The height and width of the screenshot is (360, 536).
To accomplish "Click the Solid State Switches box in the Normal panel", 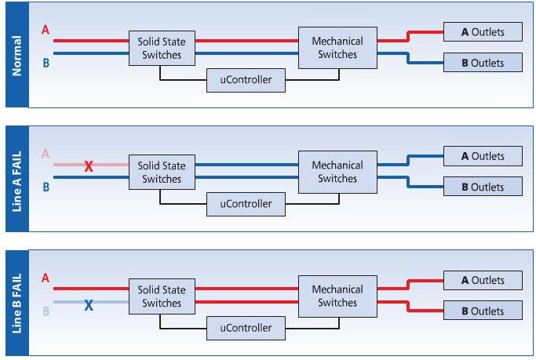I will [162, 48].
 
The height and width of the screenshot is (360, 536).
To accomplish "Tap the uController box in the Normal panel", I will [246, 80].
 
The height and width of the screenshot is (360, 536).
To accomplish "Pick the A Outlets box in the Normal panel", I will [483, 32].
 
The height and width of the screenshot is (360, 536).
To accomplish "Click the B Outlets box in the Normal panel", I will [483, 63].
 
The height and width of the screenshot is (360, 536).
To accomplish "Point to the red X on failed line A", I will [89, 166].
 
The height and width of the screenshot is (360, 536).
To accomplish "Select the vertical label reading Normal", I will [16, 54].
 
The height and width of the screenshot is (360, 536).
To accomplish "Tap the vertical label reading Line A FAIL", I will [16, 178].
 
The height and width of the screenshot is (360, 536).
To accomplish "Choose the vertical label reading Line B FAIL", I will [16, 304].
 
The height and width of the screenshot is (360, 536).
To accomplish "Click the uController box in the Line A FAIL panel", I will [246, 204].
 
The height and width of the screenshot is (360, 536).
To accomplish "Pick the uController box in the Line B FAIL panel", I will [246, 328].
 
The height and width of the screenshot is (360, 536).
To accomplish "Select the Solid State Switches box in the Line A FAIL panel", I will [162, 172].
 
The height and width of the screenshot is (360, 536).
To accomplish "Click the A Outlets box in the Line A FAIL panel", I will [483, 156].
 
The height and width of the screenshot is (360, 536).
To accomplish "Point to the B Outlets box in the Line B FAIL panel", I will [483, 311].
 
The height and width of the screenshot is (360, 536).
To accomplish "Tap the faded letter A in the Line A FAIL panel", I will [45, 155].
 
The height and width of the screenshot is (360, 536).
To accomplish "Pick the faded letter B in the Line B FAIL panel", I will [45, 311].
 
